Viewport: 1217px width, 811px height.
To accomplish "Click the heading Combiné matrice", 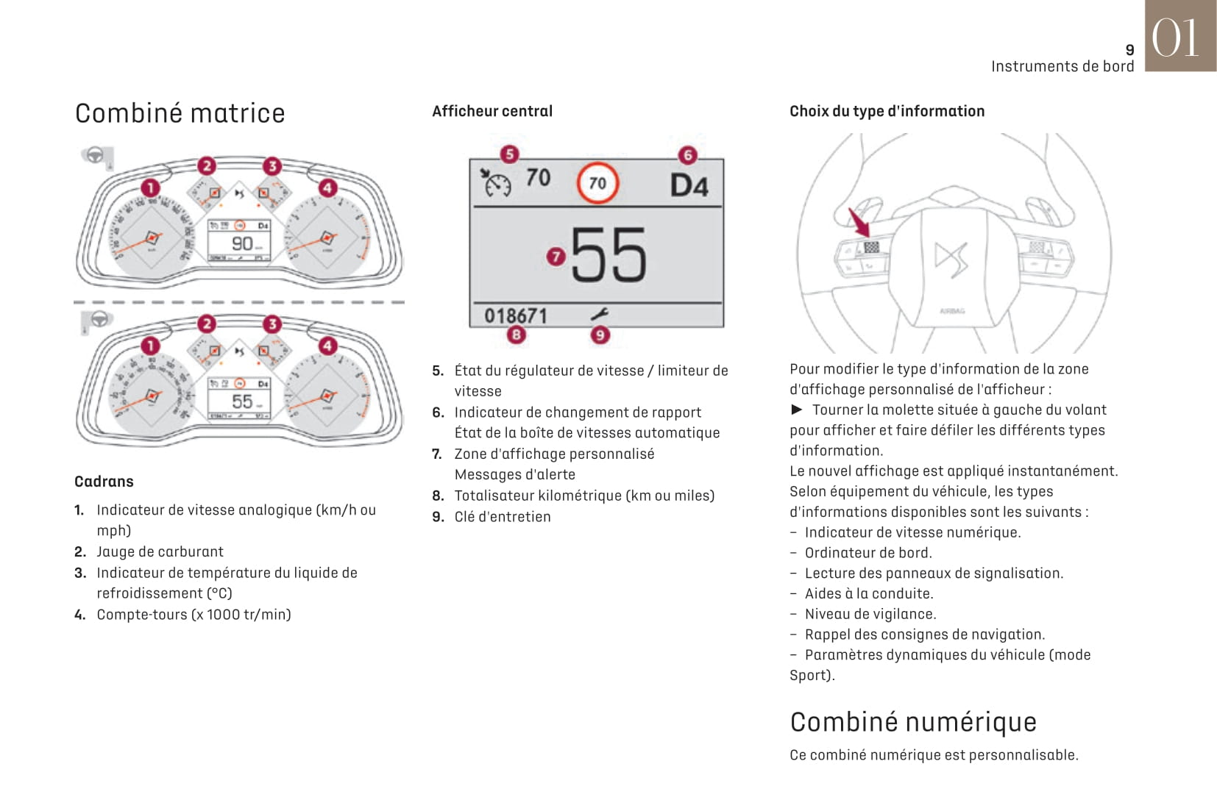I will tap(180, 113).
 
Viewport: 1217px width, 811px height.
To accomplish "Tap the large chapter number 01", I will tap(1175, 37).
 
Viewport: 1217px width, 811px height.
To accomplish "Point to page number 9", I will tap(1129, 50).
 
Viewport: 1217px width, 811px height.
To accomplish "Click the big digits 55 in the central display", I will tap(608, 254).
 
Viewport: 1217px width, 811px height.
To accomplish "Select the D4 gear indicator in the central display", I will tap(689, 185).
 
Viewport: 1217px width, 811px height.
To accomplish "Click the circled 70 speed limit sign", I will tap(597, 183).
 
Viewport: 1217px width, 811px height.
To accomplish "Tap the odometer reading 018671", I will tap(515, 315).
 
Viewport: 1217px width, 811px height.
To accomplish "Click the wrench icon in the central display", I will tap(599, 315).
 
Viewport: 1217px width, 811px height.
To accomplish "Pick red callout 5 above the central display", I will tap(509, 154).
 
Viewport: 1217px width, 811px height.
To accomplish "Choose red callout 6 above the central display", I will tap(687, 155).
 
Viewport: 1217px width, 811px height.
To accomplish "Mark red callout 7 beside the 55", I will tap(556, 257).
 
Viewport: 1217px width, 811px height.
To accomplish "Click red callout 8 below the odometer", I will tap(516, 335).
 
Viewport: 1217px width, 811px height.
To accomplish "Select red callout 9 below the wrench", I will tap(600, 335).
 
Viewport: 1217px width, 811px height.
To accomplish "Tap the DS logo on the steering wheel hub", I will tap(951, 258).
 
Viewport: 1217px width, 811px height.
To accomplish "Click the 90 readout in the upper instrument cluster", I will tap(242, 243).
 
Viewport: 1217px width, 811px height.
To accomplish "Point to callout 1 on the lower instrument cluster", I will tap(150, 346).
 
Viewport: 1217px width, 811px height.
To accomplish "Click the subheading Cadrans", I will tap(104, 482).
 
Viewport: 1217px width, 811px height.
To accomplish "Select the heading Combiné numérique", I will tap(912, 722).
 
